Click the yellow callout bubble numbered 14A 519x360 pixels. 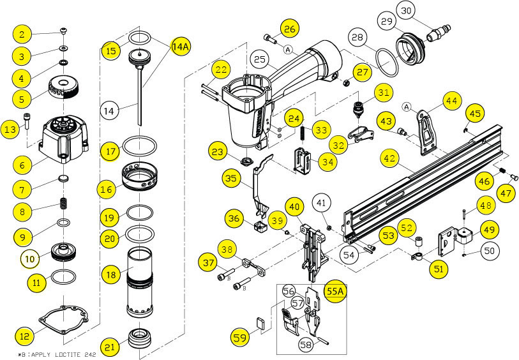181,46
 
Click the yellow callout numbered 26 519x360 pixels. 290,29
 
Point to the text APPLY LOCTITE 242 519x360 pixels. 61,354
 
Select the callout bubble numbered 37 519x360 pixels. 208,262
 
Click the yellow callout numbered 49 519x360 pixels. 490,229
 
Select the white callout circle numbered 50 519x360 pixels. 488,251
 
